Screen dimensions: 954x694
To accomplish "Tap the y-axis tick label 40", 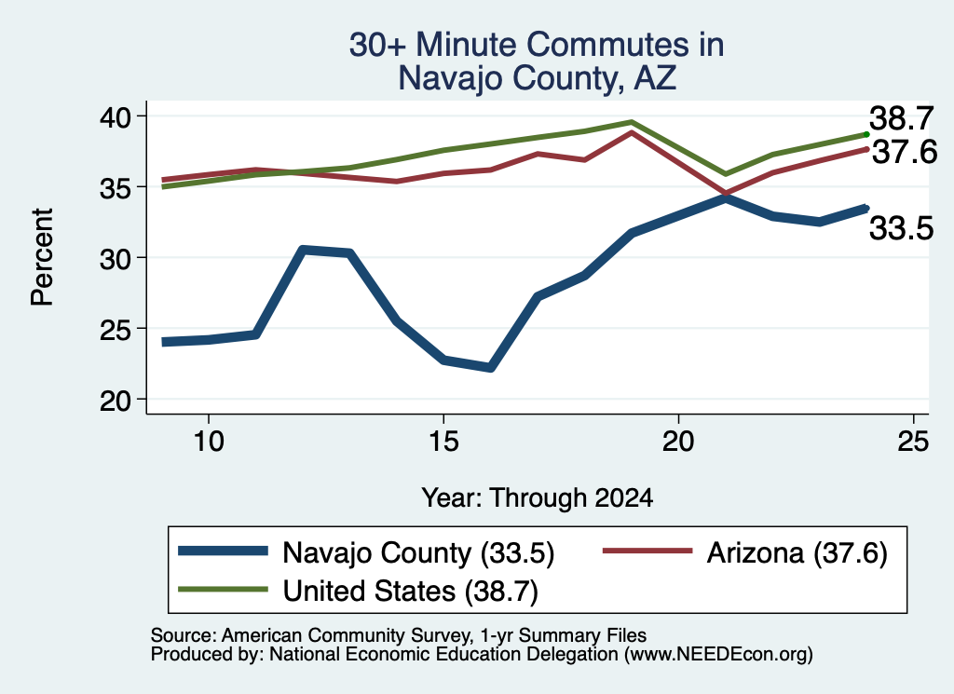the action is [116, 116].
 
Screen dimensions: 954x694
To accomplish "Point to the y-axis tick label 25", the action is [116, 329].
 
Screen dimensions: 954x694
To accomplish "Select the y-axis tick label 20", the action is [116, 401].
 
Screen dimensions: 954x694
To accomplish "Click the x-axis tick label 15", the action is [443, 441].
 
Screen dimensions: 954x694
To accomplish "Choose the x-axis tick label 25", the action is [913, 441].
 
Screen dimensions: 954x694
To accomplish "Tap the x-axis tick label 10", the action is [209, 441].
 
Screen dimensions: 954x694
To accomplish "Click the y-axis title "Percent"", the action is [42, 257].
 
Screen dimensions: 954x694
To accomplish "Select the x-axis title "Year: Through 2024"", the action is [538, 497].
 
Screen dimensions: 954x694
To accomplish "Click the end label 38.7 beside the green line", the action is [901, 118].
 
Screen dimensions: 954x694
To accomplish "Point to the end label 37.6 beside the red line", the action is [905, 152].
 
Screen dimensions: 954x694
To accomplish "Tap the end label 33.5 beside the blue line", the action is [901, 229].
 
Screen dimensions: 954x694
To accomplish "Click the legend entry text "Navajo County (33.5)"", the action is [418, 553].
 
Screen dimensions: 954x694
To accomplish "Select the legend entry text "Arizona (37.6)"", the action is [797, 553].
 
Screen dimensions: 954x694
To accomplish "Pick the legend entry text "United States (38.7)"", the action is [411, 592].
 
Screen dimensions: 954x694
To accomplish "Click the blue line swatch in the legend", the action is [223, 551].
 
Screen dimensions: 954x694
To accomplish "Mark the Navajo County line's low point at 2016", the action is [491, 368].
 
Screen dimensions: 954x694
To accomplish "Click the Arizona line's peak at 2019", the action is [633, 132].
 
